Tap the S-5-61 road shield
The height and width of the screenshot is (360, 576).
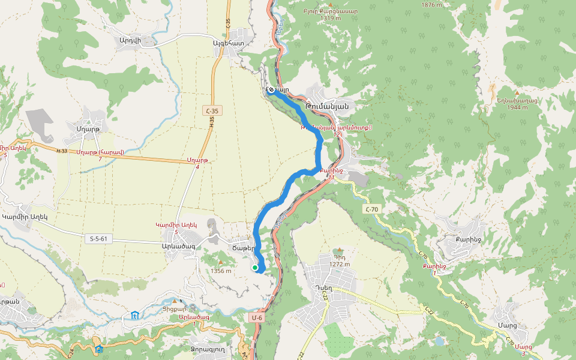[x=98, y=239]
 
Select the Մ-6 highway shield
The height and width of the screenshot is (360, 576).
[x=257, y=317]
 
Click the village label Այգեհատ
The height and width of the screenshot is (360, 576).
[x=229, y=43]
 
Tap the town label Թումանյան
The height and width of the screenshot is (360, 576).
[x=327, y=106]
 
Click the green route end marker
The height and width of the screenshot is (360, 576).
[x=255, y=268]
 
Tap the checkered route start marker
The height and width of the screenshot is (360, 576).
[x=271, y=90]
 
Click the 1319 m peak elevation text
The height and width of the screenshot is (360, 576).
[x=331, y=18]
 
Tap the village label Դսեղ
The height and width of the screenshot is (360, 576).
[x=323, y=287]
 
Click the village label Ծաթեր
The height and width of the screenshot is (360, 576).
[x=244, y=247]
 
